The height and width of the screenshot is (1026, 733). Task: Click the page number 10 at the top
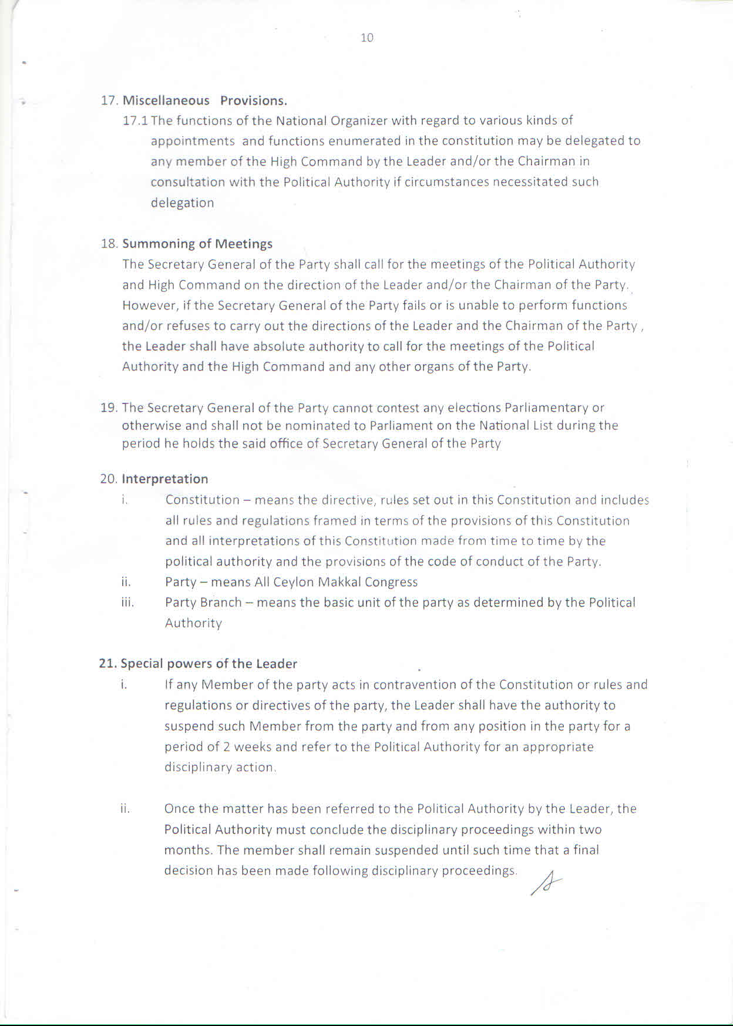pyautogui.click(x=366, y=38)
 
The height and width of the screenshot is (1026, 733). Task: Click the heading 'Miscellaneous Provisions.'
pyautogui.click(x=204, y=100)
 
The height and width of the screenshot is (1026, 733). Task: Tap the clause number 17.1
pyautogui.click(x=136, y=121)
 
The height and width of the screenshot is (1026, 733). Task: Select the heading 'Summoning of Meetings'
pyautogui.click(x=197, y=244)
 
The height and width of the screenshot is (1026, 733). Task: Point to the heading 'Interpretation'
pyautogui.click(x=165, y=479)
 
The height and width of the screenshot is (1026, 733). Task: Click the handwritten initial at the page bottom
pyautogui.click(x=546, y=883)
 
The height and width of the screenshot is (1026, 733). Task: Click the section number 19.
pyautogui.click(x=109, y=408)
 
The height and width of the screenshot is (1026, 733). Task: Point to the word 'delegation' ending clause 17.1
pyautogui.click(x=182, y=203)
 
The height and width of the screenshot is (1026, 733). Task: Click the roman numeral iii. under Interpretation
pyautogui.click(x=127, y=603)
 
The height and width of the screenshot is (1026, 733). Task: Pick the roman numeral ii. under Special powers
pyautogui.click(x=125, y=809)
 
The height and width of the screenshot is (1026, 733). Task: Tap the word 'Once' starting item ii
pyautogui.click(x=180, y=809)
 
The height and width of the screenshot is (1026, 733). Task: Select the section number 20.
pyautogui.click(x=109, y=479)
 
